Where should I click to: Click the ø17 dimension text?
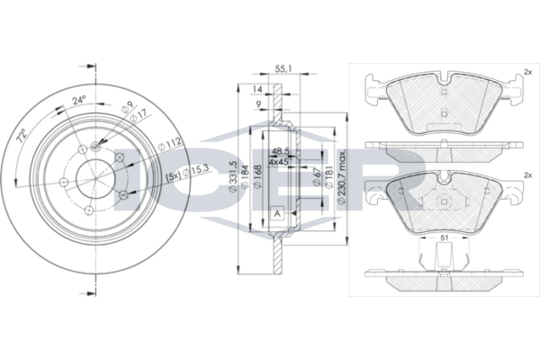coord(139,115)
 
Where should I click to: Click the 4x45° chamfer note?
coord(279,163)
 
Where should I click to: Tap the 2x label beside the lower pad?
coord(526,175)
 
